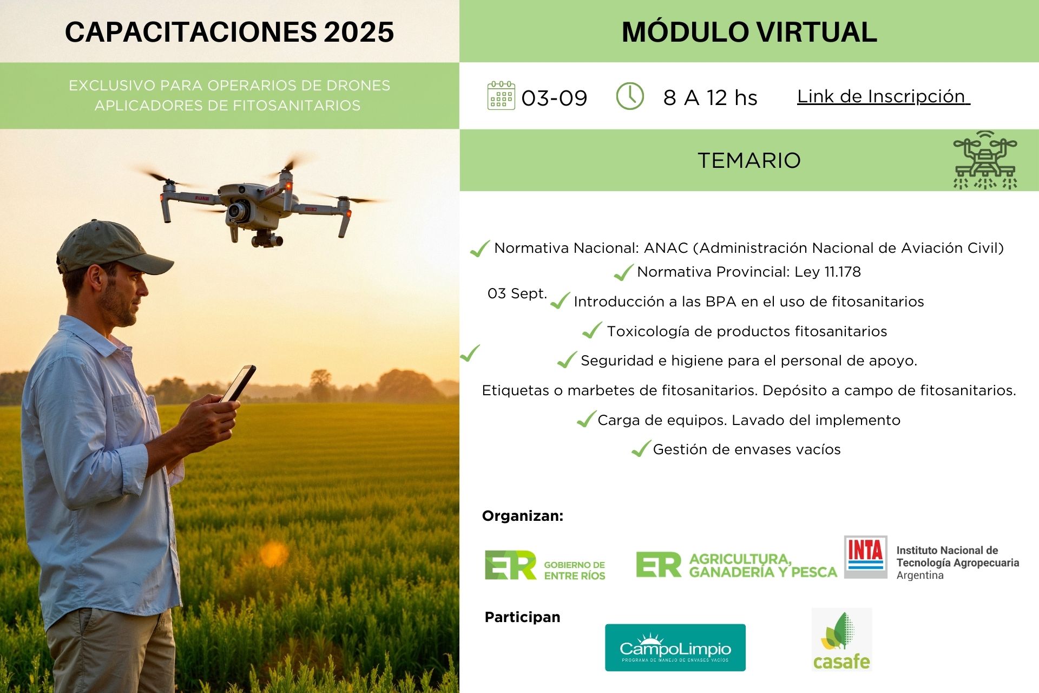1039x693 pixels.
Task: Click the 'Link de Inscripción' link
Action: click(883, 96)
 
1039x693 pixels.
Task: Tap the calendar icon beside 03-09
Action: click(501, 96)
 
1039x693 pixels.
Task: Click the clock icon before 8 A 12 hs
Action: click(630, 96)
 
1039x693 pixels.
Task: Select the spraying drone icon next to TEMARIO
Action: click(985, 160)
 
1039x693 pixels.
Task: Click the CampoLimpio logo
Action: click(675, 648)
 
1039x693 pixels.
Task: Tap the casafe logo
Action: click(841, 639)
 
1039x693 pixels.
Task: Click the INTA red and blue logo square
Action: click(865, 557)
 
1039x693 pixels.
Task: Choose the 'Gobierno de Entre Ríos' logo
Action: click(544, 565)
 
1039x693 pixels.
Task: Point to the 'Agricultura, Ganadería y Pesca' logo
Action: click(736, 565)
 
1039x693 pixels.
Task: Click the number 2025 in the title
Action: click(359, 32)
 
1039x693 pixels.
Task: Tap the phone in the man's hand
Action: click(238, 383)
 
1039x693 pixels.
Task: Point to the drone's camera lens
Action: click(237, 211)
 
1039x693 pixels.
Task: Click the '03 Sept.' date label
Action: click(517, 293)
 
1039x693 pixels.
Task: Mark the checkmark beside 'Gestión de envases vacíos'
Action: click(641, 448)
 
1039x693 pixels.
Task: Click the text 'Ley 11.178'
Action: click(827, 272)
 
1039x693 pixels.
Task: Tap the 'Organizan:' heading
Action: click(523, 516)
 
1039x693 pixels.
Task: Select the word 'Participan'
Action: click(522, 617)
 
